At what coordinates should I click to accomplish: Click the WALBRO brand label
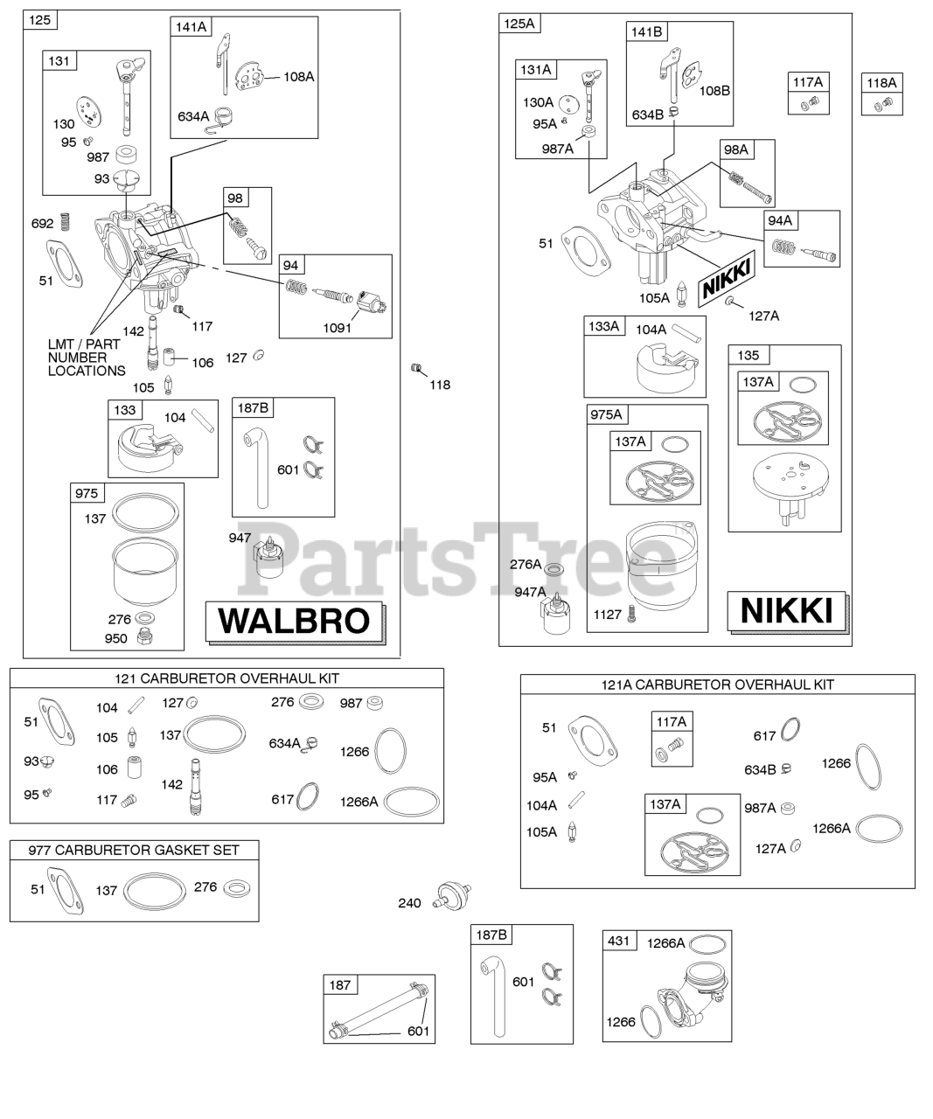[294, 621]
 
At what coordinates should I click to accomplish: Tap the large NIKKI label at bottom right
[786, 611]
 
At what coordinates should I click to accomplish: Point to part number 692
[42, 224]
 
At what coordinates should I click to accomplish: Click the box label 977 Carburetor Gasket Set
[133, 850]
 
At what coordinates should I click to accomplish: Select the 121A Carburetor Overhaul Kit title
[717, 685]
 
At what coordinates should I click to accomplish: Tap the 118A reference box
[881, 83]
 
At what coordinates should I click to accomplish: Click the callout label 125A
[518, 24]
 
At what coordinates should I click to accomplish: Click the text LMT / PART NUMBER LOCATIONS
[86, 358]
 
